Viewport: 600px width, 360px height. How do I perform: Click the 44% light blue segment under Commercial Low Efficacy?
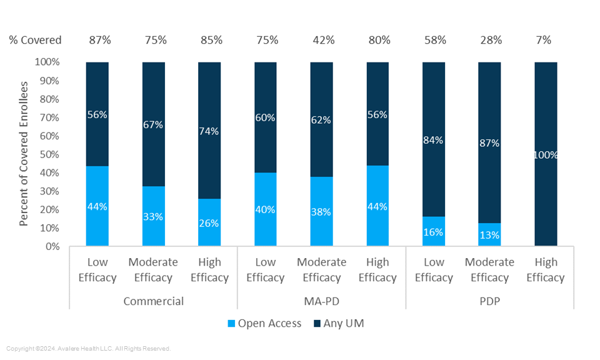97,206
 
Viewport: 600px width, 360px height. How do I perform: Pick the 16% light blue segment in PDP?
434,232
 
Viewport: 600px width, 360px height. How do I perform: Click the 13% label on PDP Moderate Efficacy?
489,236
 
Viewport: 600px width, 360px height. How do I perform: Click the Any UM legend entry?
337,323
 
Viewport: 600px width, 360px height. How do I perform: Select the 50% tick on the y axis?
49,154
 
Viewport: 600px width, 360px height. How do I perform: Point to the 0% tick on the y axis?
52,246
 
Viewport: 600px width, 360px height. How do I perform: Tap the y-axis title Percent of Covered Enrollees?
24,154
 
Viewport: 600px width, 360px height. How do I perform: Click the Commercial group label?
153,301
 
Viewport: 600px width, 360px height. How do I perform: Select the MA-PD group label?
321,301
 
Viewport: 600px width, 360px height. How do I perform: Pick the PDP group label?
489,301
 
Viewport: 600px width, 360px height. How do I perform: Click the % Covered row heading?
35,41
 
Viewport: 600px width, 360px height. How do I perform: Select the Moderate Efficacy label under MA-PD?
321,270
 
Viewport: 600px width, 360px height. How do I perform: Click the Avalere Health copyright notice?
88,349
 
